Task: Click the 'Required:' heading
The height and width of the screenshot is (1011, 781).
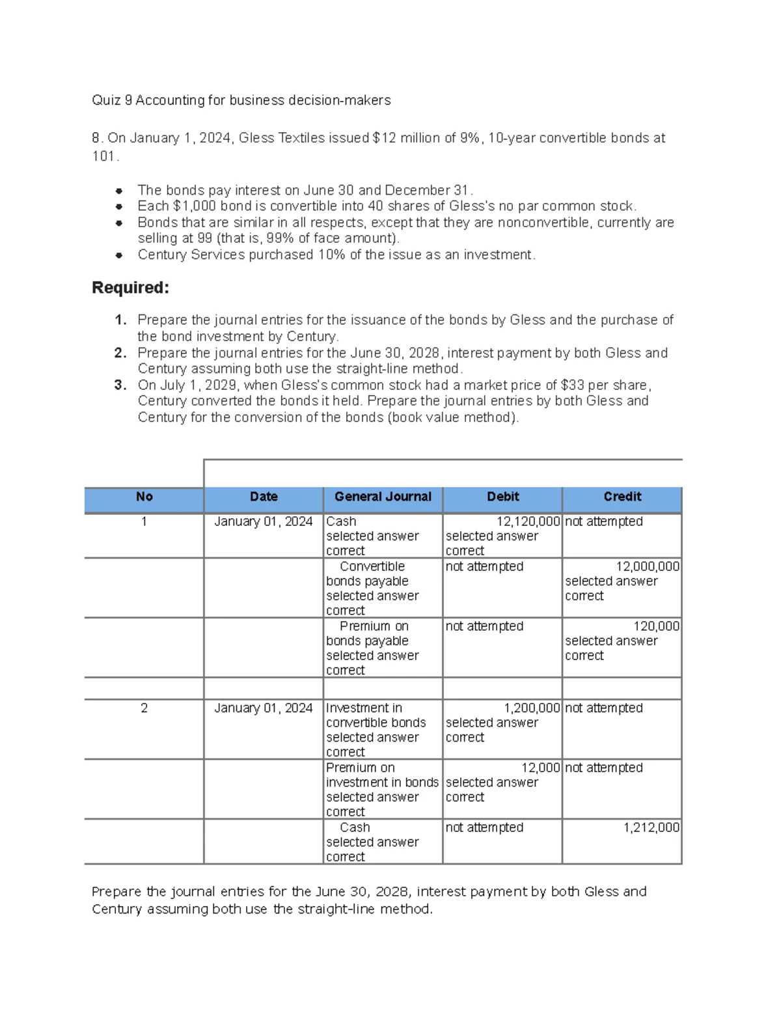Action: click(130, 288)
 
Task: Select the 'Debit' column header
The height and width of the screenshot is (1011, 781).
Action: click(502, 497)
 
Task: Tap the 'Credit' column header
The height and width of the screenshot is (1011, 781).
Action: click(622, 497)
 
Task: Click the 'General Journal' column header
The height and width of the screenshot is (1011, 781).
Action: click(383, 497)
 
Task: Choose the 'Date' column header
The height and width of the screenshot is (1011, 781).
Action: click(264, 497)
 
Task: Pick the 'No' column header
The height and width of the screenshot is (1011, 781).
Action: click(144, 497)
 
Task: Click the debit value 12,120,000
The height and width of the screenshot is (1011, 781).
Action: click(528, 521)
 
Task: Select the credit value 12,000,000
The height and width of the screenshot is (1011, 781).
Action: click(648, 566)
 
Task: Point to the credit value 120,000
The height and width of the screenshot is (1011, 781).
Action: click(656, 626)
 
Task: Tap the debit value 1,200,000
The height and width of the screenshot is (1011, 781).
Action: click(532, 708)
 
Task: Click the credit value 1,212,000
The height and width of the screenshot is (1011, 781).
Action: click(651, 827)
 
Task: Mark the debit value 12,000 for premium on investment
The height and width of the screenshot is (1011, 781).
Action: click(540, 768)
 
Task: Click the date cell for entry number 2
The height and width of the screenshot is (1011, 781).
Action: click(264, 708)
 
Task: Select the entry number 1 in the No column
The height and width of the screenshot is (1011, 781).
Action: click(144, 521)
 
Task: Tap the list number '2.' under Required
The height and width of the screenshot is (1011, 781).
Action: click(120, 353)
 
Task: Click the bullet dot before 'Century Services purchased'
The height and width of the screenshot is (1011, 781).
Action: click(119, 255)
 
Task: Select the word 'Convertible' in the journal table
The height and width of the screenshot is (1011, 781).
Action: click(372, 566)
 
